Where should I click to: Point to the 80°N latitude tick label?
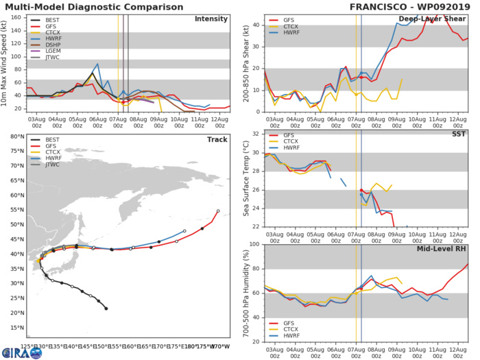click(x=13, y=136)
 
